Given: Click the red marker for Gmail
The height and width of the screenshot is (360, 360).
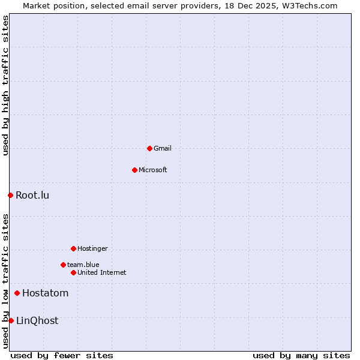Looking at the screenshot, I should (x=149, y=148).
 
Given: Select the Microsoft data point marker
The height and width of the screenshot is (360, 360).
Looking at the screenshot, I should (x=134, y=170).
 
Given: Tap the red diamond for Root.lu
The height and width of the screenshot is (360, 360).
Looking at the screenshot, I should (x=10, y=195).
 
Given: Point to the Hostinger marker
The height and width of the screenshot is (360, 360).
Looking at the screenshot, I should (x=73, y=248).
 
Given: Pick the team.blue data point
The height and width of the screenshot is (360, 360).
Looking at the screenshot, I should (x=63, y=265).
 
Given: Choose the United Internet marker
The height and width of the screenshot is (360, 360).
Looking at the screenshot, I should (x=73, y=272).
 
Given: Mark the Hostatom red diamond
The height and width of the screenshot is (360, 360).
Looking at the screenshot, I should (x=17, y=293).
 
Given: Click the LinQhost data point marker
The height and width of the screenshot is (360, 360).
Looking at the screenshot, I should (x=11, y=320).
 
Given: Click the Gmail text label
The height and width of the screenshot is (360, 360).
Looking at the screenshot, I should (x=163, y=148).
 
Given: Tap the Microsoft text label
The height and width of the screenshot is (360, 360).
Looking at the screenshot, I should (x=153, y=170).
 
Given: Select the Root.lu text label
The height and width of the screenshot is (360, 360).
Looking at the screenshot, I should (x=32, y=195).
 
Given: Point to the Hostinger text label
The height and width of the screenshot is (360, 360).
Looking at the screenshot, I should (x=92, y=248).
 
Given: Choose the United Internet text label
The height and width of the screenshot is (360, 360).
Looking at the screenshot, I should (x=101, y=272).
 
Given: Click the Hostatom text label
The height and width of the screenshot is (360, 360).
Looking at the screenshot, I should (x=45, y=293).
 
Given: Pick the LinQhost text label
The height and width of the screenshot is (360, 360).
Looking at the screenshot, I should (x=37, y=320).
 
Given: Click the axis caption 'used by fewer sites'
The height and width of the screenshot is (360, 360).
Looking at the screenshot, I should (x=62, y=355).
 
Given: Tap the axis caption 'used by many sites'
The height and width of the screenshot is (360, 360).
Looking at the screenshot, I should (x=301, y=355).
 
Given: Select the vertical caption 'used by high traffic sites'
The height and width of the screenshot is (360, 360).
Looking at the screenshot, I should (x=5, y=85).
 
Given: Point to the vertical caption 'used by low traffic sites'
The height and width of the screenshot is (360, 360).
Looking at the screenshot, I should (x=5, y=281).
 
